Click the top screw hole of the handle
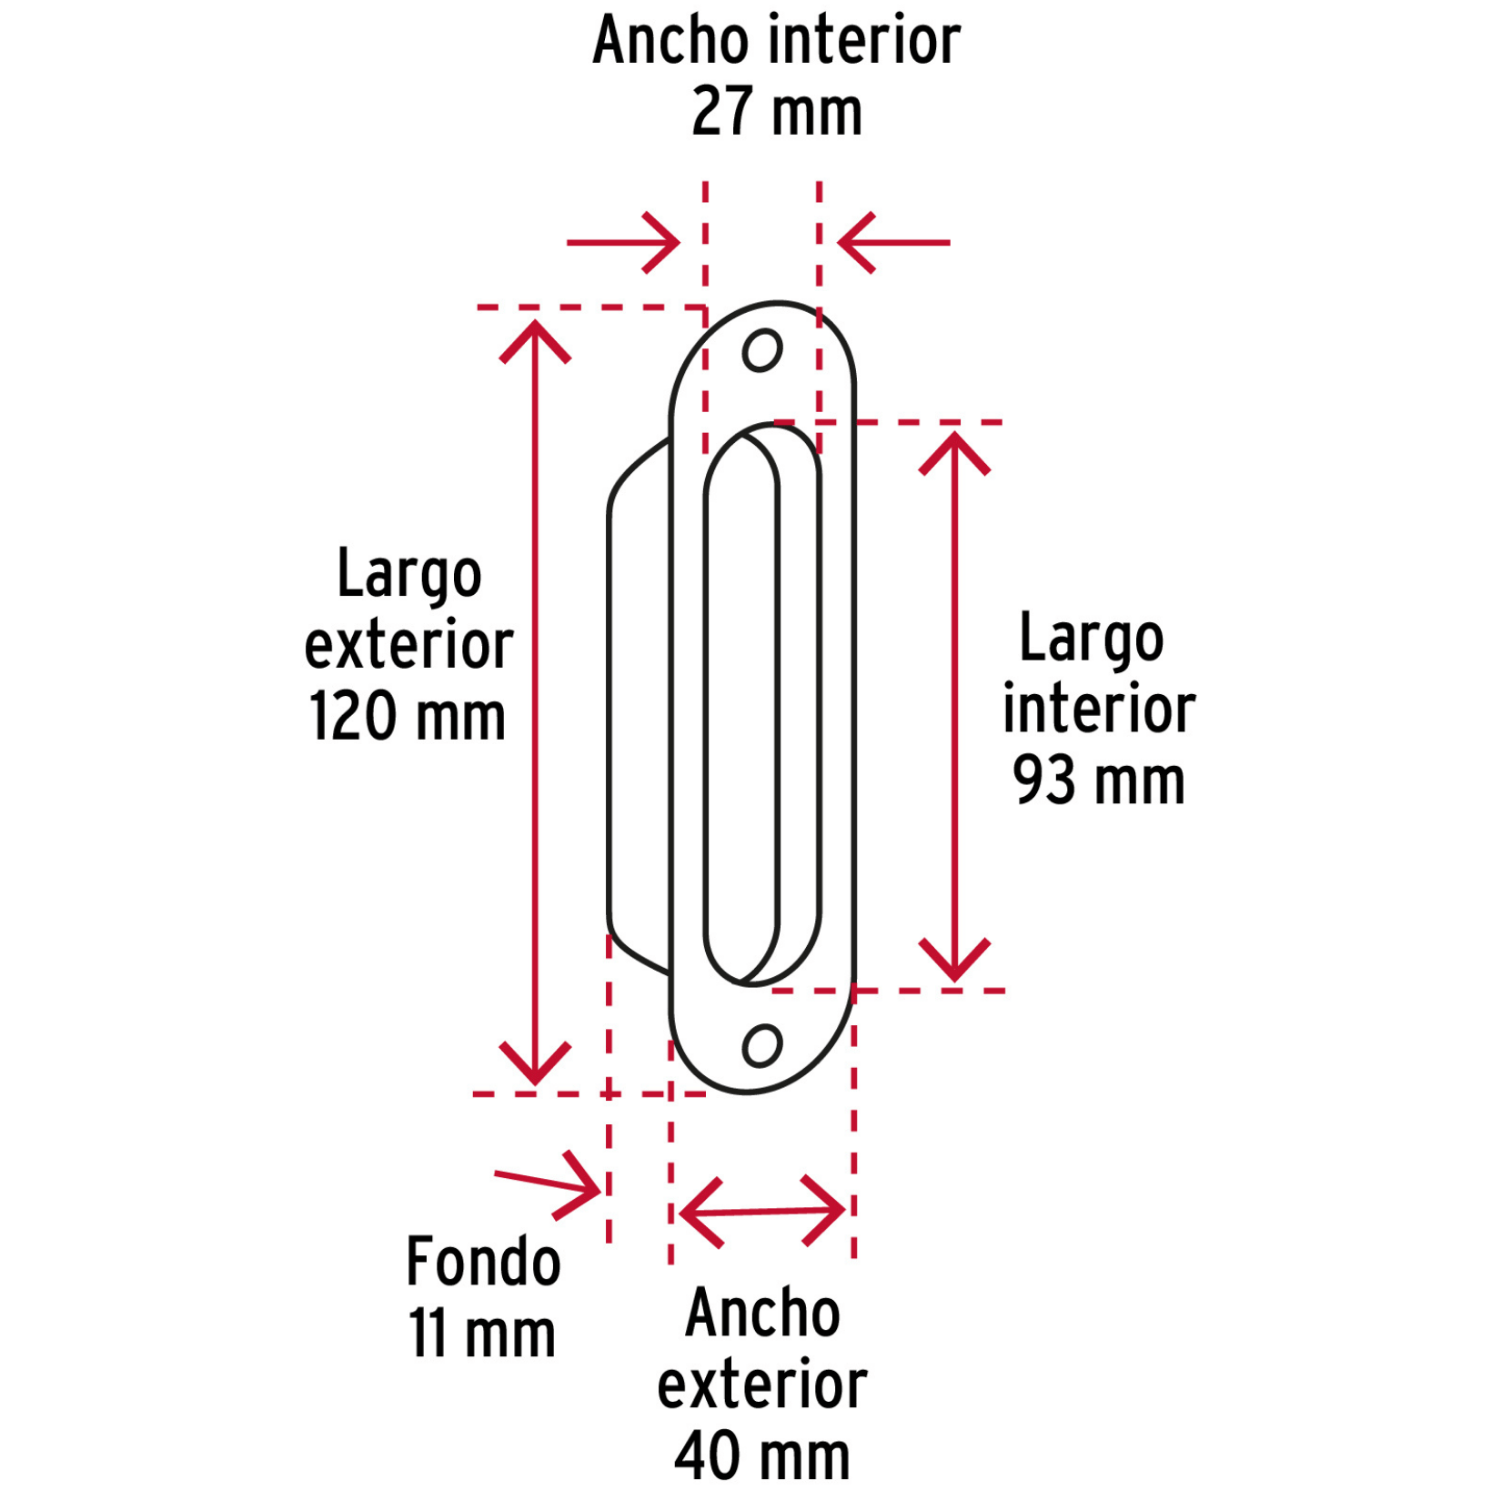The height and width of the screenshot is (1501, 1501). tap(762, 350)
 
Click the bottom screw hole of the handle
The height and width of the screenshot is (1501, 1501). tap(762, 1045)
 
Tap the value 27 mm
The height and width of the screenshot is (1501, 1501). tap(777, 112)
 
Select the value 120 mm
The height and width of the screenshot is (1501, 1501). tap(407, 715)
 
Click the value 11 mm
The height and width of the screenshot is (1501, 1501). tap(482, 1334)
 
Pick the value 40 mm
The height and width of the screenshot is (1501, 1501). tap(762, 1456)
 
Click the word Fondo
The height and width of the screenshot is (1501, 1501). tap(483, 1261)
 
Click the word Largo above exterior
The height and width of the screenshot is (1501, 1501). tap(409, 575)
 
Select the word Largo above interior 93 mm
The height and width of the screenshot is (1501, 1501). tap(1092, 639)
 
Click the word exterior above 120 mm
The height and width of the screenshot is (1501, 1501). tap(408, 645)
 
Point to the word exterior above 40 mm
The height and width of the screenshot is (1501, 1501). tap(762, 1385)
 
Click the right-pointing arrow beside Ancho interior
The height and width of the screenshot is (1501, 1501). tap(624, 243)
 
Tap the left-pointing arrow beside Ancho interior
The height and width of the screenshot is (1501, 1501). tap(893, 243)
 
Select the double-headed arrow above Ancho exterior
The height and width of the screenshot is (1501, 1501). tap(762, 1211)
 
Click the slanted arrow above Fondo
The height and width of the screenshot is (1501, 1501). tap(549, 1184)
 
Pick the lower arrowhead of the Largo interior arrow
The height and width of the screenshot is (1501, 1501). tap(954, 960)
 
